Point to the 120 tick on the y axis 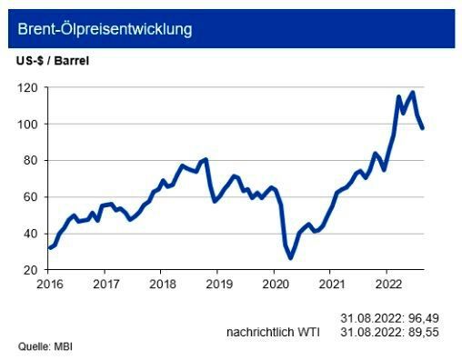click(x=26, y=87)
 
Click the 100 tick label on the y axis click(x=26, y=124)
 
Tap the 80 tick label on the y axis click(x=29, y=160)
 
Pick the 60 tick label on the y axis click(x=29, y=196)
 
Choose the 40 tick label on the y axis click(x=29, y=234)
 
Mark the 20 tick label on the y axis click(x=29, y=270)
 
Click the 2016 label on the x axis click(x=49, y=283)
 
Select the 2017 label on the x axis click(x=105, y=283)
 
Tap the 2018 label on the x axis click(x=161, y=283)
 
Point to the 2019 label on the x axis click(x=217, y=283)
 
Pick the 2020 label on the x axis click(x=274, y=283)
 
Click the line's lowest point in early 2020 click(x=291, y=258)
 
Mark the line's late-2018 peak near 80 click(x=206, y=159)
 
